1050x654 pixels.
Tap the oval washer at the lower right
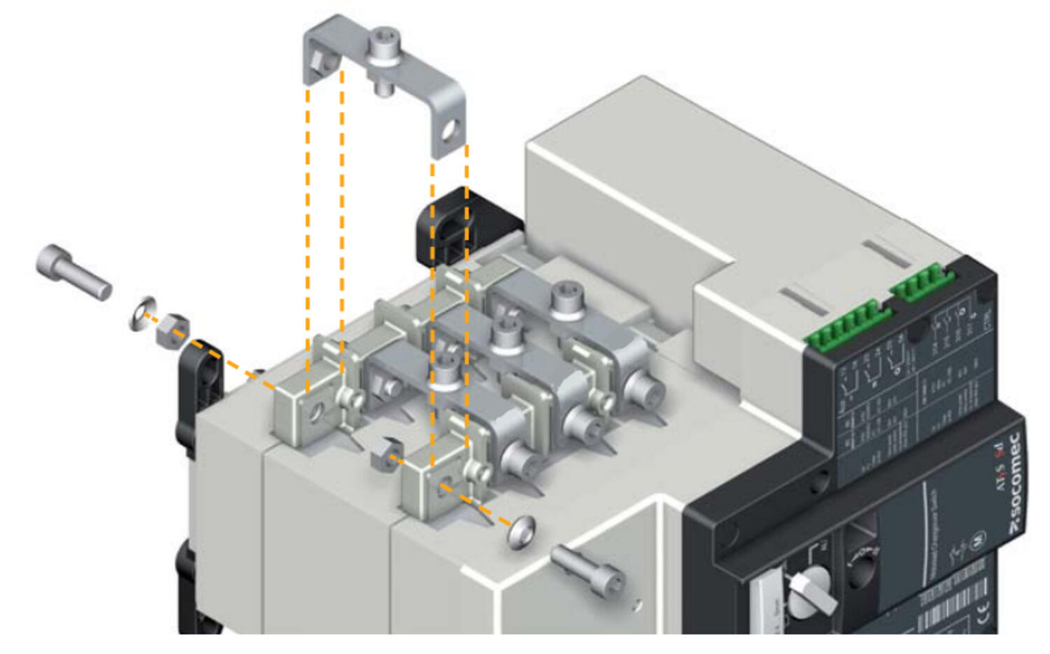521,531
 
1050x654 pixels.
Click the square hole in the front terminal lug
443,490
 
